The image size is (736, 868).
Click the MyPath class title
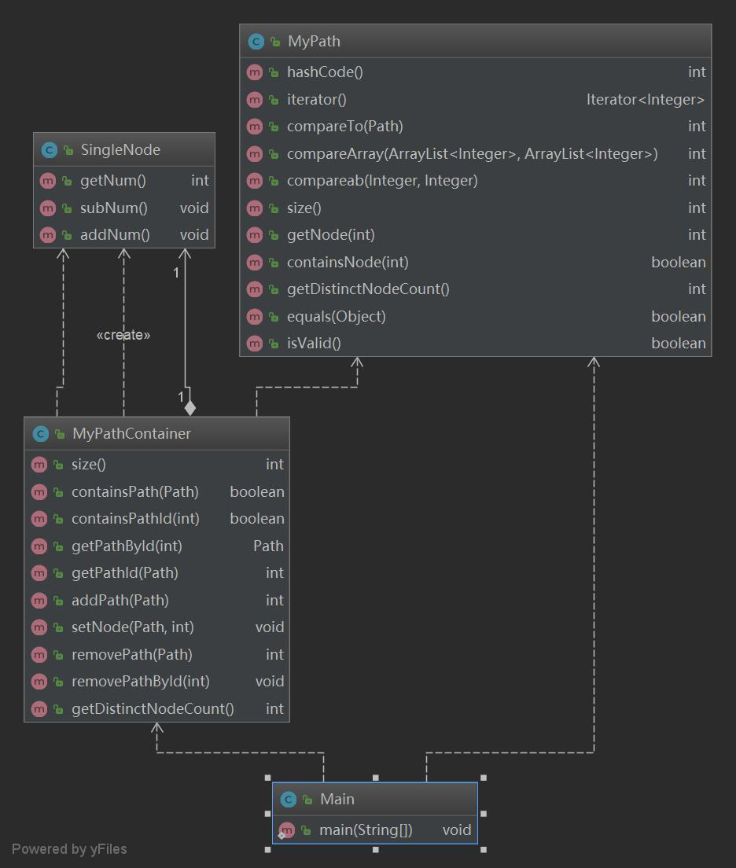[x=314, y=42]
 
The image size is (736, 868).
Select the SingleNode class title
[x=120, y=149]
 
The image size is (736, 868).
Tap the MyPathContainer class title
[x=131, y=434]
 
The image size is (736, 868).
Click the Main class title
[x=337, y=800]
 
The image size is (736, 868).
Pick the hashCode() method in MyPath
[x=325, y=72]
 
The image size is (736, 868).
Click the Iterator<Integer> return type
[x=645, y=99]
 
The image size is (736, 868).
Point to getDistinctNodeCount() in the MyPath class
[x=368, y=289]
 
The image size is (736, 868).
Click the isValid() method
[x=314, y=344]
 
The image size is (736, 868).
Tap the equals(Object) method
[x=336, y=317]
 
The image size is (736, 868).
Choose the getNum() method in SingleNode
[x=113, y=181]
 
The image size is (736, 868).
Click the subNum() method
[x=114, y=208]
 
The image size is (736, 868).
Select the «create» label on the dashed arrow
[x=123, y=335]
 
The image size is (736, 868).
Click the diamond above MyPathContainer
[x=190, y=407]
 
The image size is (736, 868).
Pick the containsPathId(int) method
[x=135, y=519]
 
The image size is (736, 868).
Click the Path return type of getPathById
[x=268, y=546]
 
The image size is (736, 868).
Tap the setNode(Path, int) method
[x=132, y=627]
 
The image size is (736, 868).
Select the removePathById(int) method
[x=140, y=682]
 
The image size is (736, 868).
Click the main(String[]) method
[x=366, y=830]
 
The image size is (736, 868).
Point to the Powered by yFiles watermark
[x=69, y=849]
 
